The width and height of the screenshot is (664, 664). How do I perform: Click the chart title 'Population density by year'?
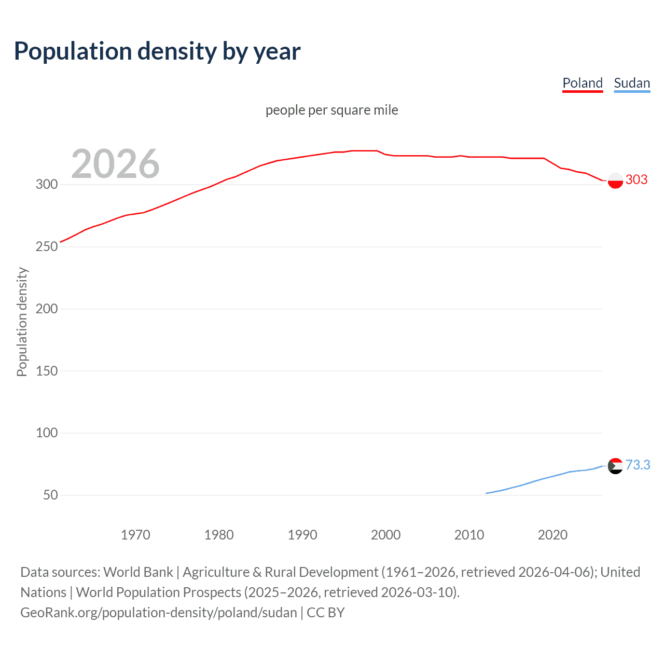click(157, 51)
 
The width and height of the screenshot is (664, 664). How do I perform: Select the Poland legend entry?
click(583, 84)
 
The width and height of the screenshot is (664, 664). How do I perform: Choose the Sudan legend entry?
click(631, 84)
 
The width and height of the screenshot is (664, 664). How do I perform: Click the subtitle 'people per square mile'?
click(331, 110)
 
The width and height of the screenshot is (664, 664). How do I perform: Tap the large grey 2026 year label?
click(115, 164)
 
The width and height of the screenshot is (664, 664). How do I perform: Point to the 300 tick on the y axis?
click(47, 185)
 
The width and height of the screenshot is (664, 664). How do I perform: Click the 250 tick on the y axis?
click(47, 247)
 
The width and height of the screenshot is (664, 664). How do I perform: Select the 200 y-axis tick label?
click(47, 309)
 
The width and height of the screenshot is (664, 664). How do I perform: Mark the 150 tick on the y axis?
click(47, 371)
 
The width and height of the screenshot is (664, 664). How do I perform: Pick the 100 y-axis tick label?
click(47, 433)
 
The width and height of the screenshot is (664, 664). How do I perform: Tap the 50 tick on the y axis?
click(50, 495)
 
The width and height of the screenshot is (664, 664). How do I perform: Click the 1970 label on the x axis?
click(135, 535)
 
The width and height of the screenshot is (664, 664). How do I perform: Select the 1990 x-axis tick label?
click(302, 535)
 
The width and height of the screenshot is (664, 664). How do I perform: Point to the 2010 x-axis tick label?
click(469, 535)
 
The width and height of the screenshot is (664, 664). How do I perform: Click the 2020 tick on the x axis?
click(552, 535)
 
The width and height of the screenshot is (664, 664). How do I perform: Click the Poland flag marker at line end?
click(615, 181)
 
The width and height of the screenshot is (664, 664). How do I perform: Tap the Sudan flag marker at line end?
click(615, 466)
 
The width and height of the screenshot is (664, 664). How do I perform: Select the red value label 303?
click(637, 180)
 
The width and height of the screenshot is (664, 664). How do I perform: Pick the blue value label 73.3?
click(638, 465)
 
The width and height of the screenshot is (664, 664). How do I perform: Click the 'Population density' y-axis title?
click(22, 322)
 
